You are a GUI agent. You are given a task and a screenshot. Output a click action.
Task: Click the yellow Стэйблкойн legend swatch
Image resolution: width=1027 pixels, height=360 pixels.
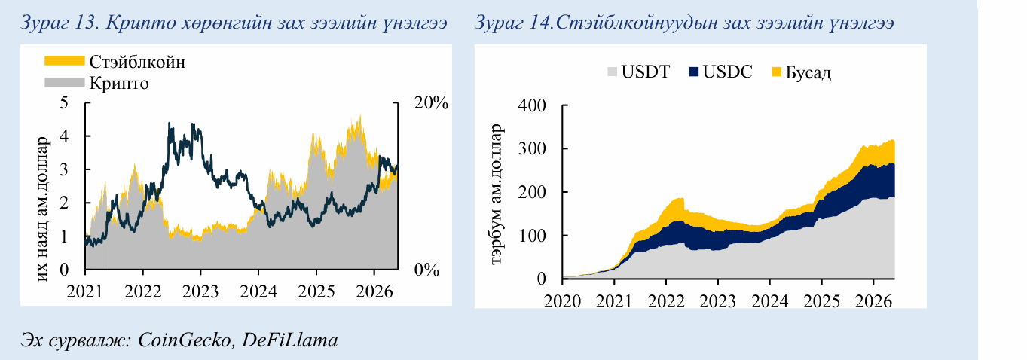point(64,61)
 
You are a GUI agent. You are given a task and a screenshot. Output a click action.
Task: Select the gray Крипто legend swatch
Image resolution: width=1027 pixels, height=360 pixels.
point(64,82)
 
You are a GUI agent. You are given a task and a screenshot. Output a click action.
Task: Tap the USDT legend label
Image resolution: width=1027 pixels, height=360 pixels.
point(646,72)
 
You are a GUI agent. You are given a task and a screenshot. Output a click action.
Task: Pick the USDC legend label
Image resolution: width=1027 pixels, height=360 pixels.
point(728,72)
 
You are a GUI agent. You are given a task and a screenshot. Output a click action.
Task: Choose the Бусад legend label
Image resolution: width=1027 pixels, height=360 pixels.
point(808,73)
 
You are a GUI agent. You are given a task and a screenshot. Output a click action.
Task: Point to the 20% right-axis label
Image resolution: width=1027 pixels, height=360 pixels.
point(431,102)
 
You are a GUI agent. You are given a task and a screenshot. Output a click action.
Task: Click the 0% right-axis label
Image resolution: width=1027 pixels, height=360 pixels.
point(426,270)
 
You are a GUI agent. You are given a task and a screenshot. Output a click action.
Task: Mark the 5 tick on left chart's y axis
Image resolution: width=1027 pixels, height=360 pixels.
point(64,102)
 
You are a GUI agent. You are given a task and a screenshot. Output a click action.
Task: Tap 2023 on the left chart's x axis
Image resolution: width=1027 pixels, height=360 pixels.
point(200,291)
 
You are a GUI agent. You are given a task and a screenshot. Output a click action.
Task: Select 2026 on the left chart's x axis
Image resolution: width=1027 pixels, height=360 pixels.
point(374,291)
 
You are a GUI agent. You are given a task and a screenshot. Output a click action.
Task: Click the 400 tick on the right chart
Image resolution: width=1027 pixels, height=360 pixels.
point(532,105)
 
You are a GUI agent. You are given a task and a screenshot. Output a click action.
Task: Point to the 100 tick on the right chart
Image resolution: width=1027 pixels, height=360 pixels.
point(532,236)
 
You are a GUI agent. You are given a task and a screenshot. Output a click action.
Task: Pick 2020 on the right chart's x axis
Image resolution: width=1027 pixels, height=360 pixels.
point(562,301)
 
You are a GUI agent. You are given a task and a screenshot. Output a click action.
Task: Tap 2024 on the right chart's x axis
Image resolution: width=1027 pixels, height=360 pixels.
point(770,301)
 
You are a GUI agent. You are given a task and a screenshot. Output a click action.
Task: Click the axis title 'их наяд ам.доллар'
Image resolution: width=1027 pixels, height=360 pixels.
point(42,209)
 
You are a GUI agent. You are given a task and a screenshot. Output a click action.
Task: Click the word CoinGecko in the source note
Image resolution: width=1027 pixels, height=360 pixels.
point(185,340)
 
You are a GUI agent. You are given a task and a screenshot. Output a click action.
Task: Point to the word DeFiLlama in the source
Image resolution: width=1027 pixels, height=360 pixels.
point(289,340)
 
